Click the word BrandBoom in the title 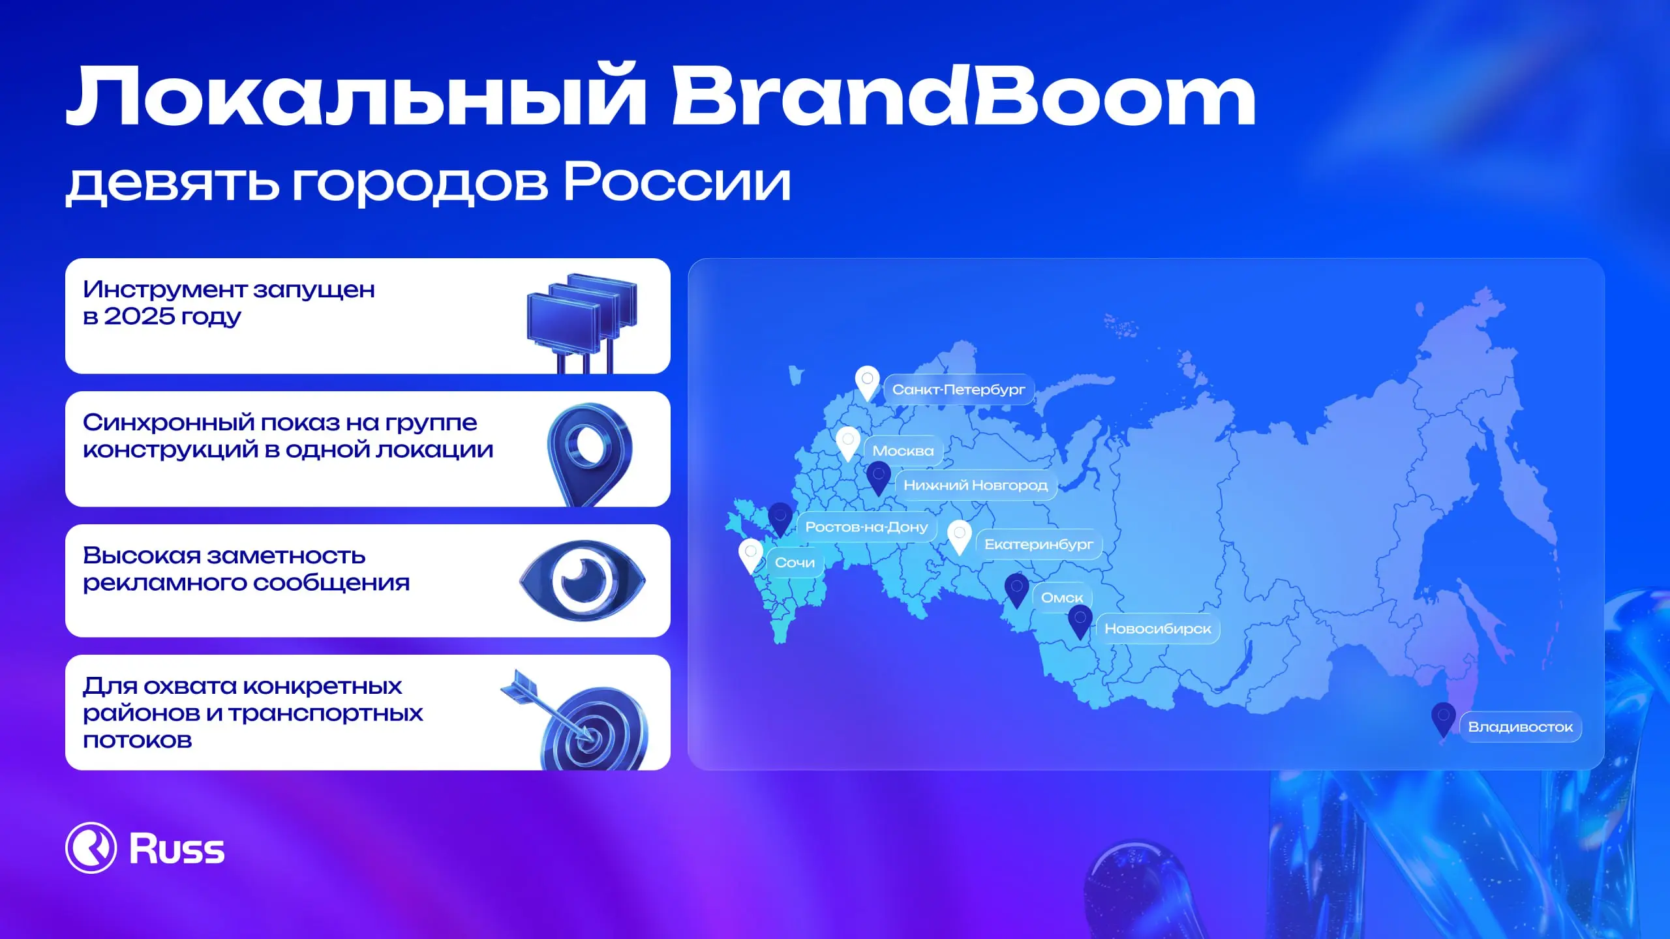pyautogui.click(x=963, y=97)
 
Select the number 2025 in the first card pyautogui.click(x=139, y=316)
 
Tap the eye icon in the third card pyautogui.click(x=583, y=580)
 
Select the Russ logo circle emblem pyautogui.click(x=91, y=848)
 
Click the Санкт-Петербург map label pyautogui.click(x=958, y=389)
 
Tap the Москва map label pyautogui.click(x=903, y=451)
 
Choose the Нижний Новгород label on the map pyautogui.click(x=975, y=485)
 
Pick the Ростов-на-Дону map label pyautogui.click(x=866, y=527)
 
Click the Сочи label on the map pyautogui.click(x=795, y=562)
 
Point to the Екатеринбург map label pyautogui.click(x=1039, y=544)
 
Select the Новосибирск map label pyautogui.click(x=1157, y=629)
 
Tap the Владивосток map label pyautogui.click(x=1520, y=727)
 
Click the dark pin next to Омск pyautogui.click(x=1016, y=589)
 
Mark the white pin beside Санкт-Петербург pyautogui.click(x=867, y=382)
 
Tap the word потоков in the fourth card pyautogui.click(x=138, y=741)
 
